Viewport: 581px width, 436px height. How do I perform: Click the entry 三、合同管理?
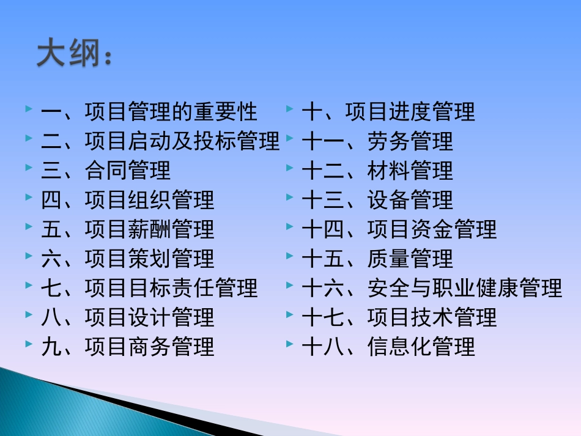click(106, 171)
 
